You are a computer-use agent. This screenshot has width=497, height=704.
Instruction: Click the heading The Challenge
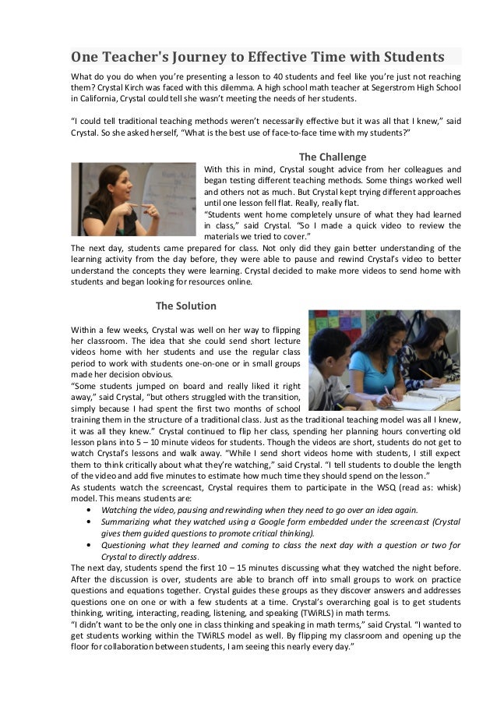tap(333, 155)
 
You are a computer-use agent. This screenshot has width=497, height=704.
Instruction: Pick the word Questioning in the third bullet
tap(128, 544)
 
